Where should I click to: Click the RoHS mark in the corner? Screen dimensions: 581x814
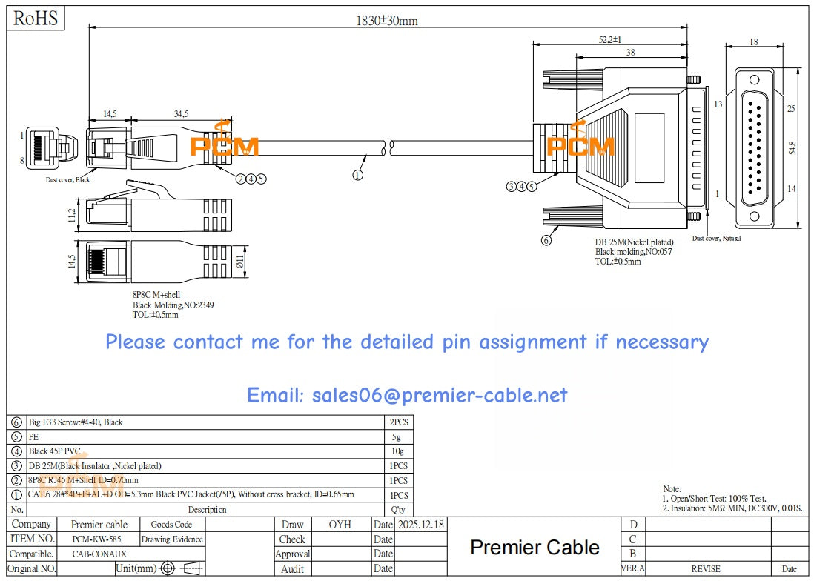[x=35, y=19]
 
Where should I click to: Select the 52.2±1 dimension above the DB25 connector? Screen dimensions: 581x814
[x=609, y=39]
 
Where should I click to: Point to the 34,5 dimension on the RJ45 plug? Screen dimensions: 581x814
[x=181, y=114]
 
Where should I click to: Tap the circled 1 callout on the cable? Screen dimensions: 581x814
[x=357, y=176]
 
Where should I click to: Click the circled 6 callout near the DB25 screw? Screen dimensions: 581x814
[x=547, y=240]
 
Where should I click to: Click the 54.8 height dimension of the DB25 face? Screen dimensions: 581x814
[x=793, y=147]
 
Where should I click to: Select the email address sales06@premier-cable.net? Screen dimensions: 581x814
[x=406, y=395]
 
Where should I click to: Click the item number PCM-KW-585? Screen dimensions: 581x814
[x=97, y=539]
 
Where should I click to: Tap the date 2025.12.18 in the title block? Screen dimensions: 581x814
[x=420, y=525]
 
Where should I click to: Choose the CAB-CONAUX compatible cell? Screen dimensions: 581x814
[x=99, y=554]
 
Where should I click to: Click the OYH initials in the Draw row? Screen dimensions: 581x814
[x=340, y=525]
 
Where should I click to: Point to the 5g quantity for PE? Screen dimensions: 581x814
[x=397, y=437]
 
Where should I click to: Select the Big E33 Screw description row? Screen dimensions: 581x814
[x=76, y=422]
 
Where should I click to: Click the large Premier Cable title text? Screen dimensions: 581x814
[x=535, y=548]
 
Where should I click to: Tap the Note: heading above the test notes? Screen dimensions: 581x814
[x=672, y=489]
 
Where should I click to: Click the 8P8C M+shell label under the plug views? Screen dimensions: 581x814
[x=156, y=294]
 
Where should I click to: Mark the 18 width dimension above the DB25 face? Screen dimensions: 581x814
[x=754, y=42]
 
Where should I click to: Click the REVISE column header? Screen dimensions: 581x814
[x=705, y=568]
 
